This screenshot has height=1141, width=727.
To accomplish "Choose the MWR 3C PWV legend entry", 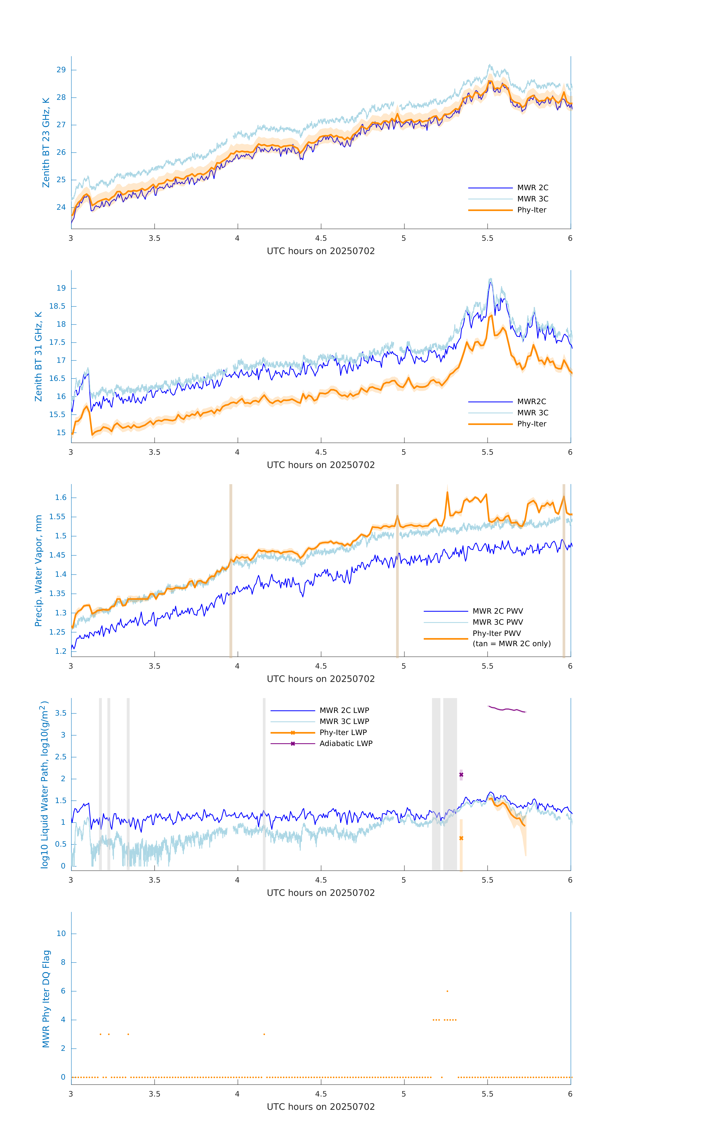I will [x=497, y=622].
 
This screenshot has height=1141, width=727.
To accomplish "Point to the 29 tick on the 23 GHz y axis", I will [x=61, y=70].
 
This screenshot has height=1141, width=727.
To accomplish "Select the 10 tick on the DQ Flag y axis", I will [x=61, y=934].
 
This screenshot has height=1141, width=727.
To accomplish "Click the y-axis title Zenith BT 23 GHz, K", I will [x=46, y=143].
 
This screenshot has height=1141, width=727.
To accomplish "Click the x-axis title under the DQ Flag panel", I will [x=321, y=1107].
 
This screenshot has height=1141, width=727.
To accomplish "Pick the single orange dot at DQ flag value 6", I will [x=447, y=991].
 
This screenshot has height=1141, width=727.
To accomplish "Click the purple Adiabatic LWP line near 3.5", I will [x=507, y=709].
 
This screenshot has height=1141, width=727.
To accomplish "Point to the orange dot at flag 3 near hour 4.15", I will [x=264, y=1034].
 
